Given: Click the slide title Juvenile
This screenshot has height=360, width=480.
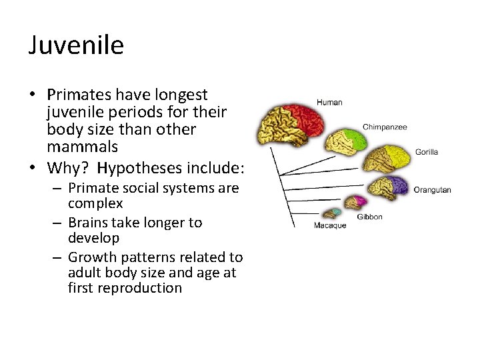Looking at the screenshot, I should click(x=76, y=45).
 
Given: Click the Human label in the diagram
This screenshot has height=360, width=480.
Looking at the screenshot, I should click(x=329, y=103).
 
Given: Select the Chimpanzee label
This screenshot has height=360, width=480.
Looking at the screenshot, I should click(x=385, y=127).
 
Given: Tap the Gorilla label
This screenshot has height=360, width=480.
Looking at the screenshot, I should click(x=426, y=152).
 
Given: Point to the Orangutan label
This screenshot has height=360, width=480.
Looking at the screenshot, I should click(x=432, y=190).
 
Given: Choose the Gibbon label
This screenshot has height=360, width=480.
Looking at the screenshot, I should click(x=369, y=217).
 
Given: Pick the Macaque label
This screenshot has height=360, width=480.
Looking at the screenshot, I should click(x=330, y=225).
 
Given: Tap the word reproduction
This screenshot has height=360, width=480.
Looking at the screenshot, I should click(x=125, y=288).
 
